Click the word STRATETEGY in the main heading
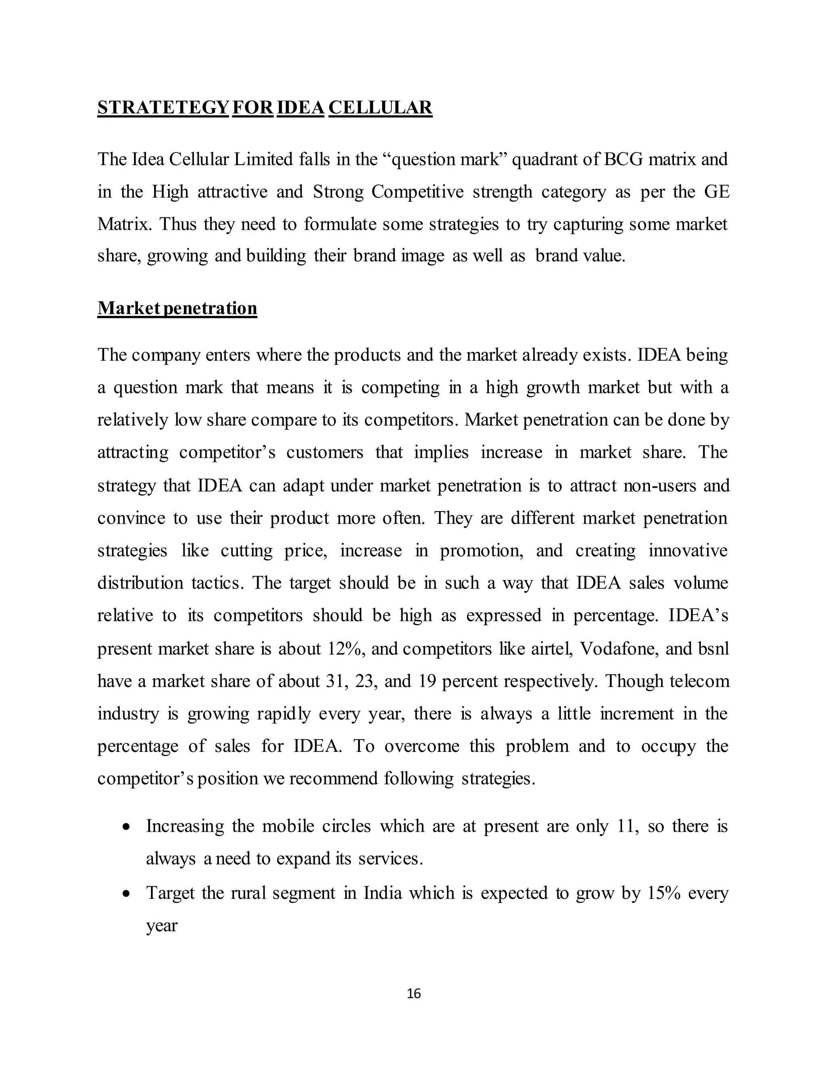(163, 108)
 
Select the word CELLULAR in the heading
(380, 108)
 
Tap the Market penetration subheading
(177, 308)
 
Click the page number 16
(413, 994)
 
